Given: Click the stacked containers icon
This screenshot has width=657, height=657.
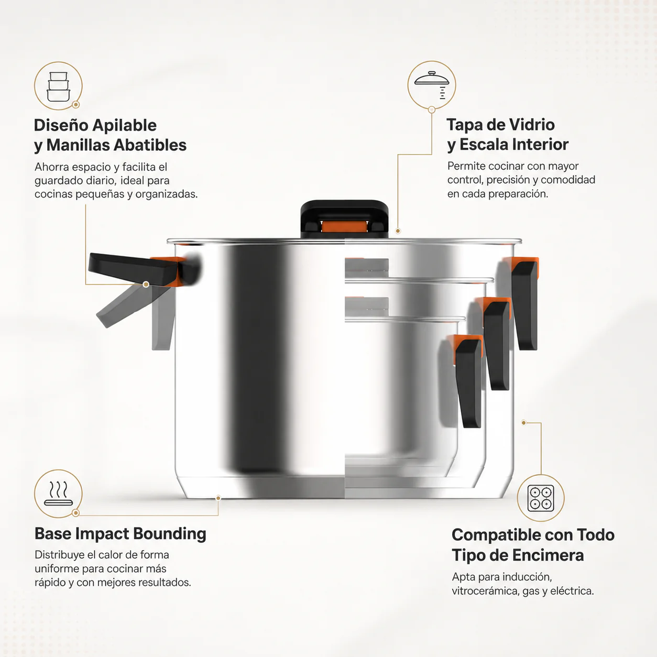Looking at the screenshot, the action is (58, 86).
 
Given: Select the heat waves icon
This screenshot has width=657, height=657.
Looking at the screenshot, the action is (58, 493).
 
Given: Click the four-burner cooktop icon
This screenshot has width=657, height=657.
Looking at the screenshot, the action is (541, 498).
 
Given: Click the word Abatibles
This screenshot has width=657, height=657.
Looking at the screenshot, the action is (150, 145).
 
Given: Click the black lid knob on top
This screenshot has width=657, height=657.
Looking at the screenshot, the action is (344, 218).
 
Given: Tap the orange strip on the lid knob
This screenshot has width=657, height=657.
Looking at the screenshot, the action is (344, 226).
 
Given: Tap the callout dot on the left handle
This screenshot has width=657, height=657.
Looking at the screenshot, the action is (146, 284).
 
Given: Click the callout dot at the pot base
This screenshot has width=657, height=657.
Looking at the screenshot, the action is (218, 498).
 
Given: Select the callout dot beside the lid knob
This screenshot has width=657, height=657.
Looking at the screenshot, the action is (398, 231).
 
